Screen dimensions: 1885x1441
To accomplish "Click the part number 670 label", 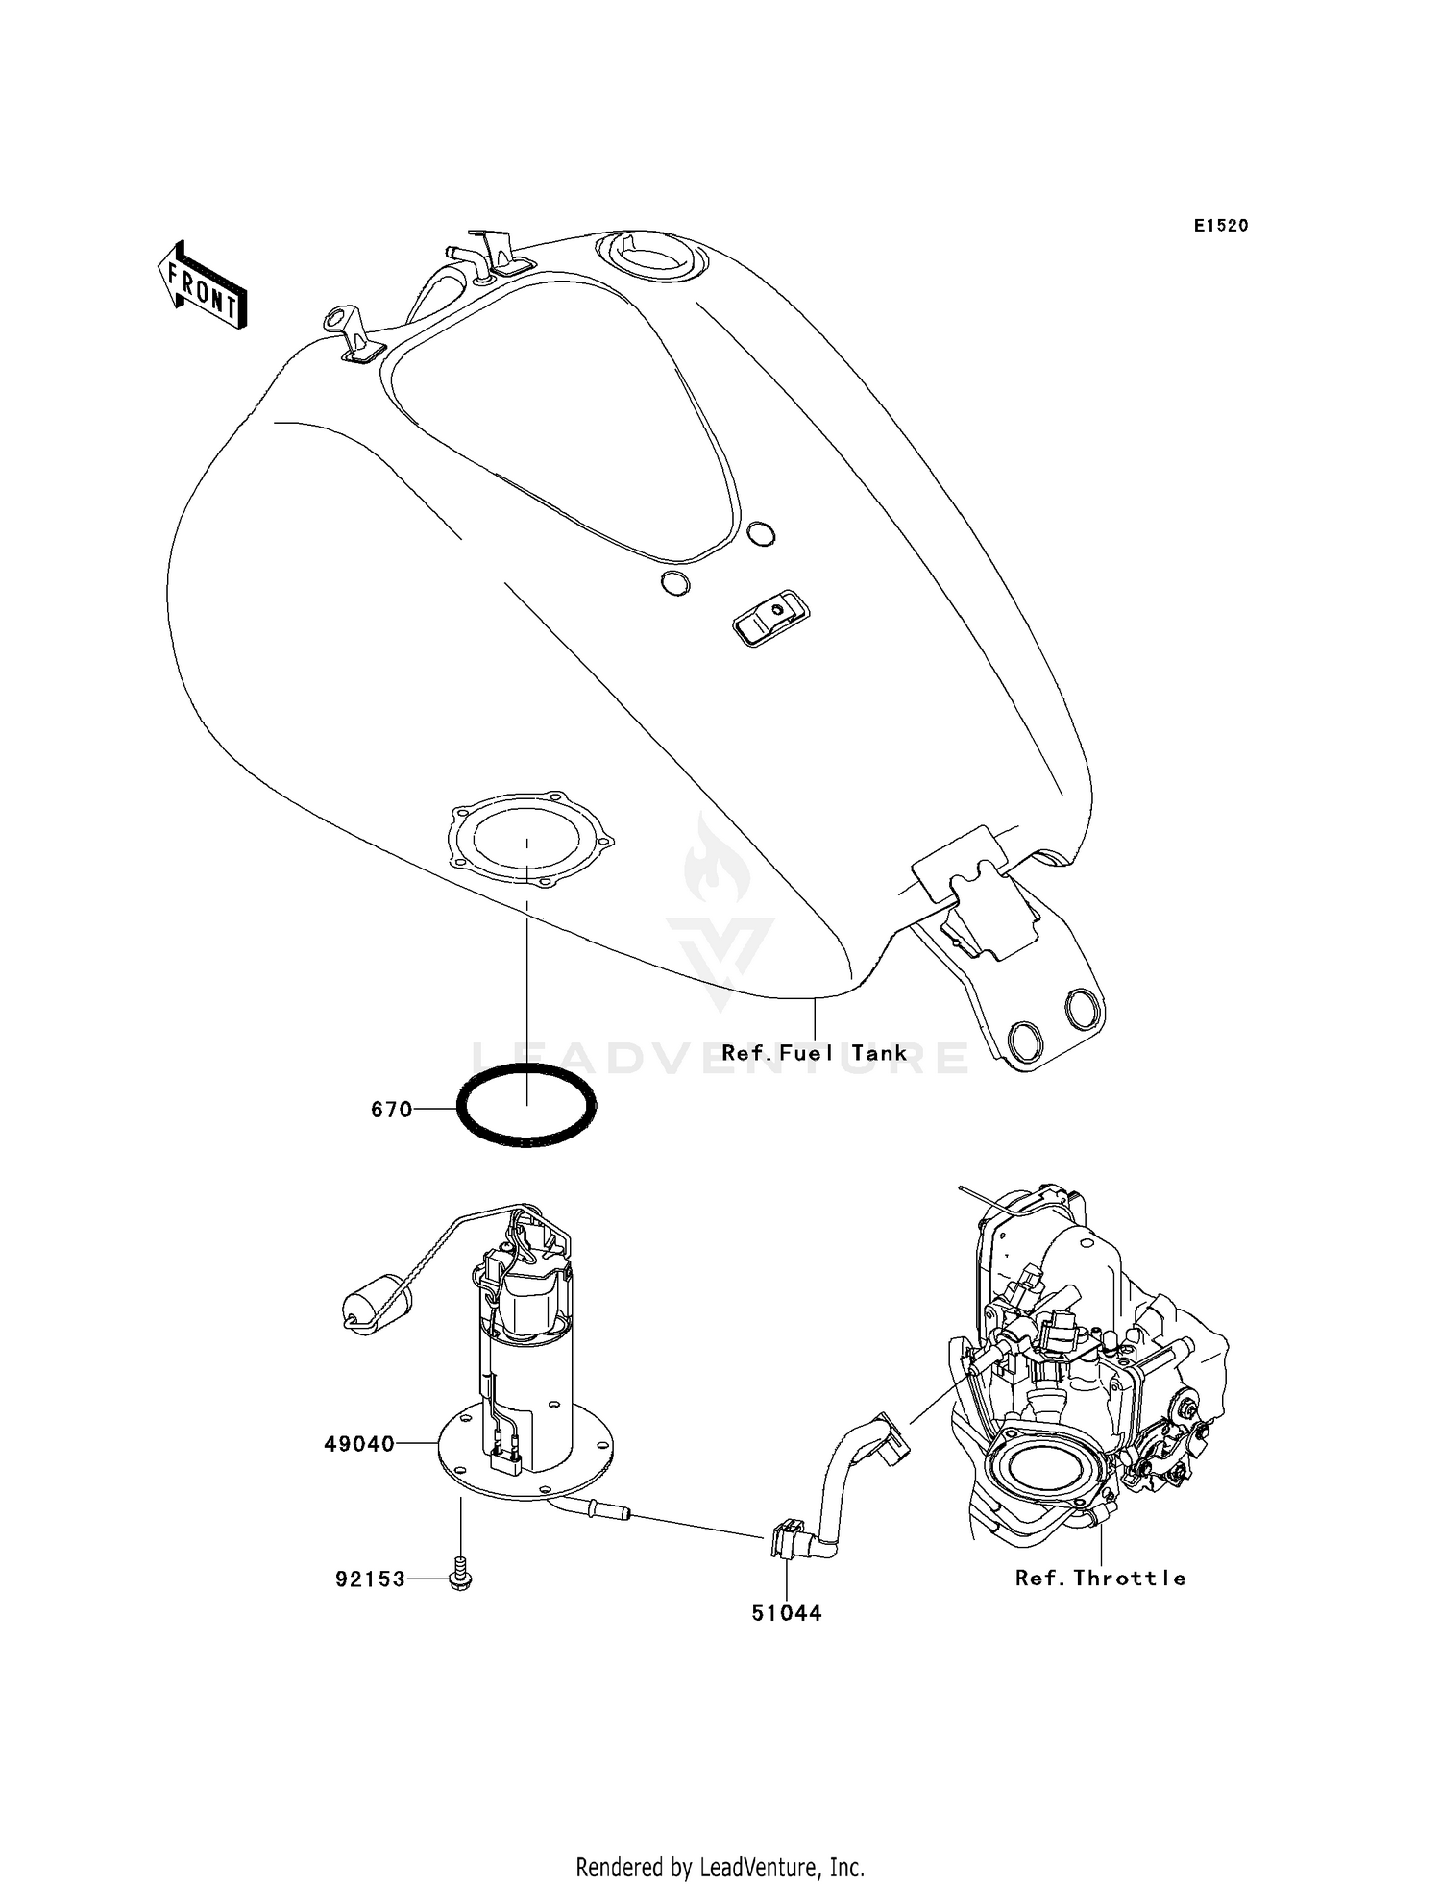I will coord(391,1110).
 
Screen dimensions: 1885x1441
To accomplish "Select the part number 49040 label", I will coord(359,1444).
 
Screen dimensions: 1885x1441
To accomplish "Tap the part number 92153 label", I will coord(370,1579).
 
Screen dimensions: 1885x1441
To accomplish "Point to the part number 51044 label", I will coord(787,1613).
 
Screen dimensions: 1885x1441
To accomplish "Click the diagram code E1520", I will coord(1221,226).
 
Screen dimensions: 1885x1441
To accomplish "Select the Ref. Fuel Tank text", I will coord(814,1053).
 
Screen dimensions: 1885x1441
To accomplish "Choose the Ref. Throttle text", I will coord(1100,1578).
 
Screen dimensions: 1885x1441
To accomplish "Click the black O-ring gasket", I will coord(526,1106).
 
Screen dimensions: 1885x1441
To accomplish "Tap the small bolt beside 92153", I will coord(461,1577).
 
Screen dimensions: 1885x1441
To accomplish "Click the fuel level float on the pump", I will coord(376,1303).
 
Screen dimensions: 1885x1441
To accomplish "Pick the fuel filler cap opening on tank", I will coord(651,255).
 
